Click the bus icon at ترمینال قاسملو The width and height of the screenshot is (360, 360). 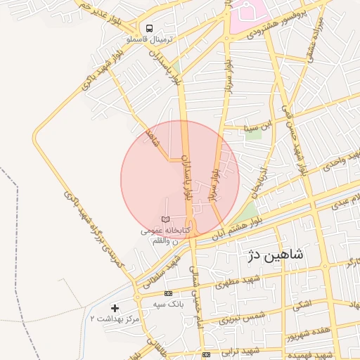pos(148,28)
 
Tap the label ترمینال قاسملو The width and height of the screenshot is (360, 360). pos(148,40)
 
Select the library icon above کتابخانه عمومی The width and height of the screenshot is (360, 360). pos(165,220)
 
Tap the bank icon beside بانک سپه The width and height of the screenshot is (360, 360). pos(167,293)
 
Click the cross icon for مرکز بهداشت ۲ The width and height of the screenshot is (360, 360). pos(115,308)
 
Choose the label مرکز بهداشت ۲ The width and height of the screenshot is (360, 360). pos(115,319)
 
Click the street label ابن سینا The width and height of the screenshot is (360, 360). pos(257,127)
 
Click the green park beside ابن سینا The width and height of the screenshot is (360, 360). pos(254,134)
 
